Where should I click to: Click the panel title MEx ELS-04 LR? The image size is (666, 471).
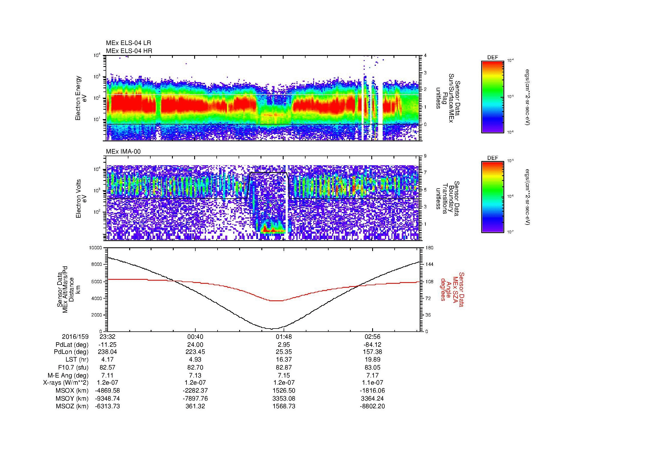[x=128, y=43]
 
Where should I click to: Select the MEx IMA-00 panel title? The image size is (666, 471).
[x=123, y=152]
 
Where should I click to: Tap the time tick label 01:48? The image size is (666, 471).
[x=284, y=337]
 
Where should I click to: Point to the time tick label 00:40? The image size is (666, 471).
[x=195, y=337]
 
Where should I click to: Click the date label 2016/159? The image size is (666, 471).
[x=75, y=337]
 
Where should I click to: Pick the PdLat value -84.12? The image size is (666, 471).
[x=372, y=344]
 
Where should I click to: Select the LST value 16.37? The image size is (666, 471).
[x=284, y=360]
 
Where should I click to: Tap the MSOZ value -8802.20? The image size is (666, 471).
[x=372, y=406]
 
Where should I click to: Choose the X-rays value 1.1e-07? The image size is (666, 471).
[x=372, y=383]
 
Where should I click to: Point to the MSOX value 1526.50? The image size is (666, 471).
[x=284, y=391]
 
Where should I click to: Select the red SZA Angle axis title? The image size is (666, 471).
[x=452, y=289]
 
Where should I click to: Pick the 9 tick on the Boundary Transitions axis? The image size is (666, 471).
[x=425, y=156]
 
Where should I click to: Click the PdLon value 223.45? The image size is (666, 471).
[x=195, y=352]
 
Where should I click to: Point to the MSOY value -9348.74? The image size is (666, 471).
[x=107, y=398]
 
